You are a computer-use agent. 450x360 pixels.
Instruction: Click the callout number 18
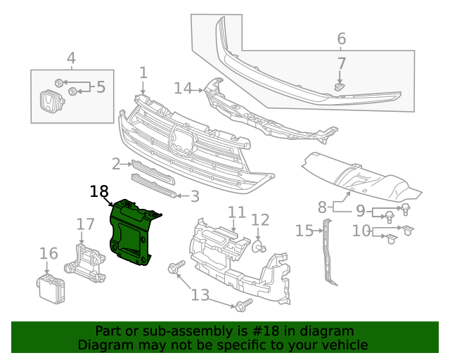pyautogui.click(x=99, y=191)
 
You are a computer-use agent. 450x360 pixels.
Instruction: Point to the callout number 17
pyautogui.click(x=85, y=224)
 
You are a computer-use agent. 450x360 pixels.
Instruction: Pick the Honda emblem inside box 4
pyautogui.click(x=48, y=104)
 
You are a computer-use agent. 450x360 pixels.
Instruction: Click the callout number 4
pyautogui.click(x=71, y=58)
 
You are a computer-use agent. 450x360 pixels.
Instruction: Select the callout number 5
pyautogui.click(x=101, y=87)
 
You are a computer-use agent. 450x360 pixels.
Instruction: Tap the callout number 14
pyautogui.click(x=183, y=88)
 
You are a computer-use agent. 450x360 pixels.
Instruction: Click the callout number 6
pyautogui.click(x=342, y=39)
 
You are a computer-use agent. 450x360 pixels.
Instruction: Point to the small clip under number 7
pyautogui.click(x=339, y=86)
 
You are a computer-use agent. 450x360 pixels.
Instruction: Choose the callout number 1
pyautogui.click(x=143, y=72)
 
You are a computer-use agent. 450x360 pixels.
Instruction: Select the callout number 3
pyautogui.click(x=195, y=196)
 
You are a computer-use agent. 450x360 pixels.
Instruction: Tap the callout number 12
pyautogui.click(x=260, y=220)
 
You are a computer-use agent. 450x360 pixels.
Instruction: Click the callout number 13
pyautogui.click(x=200, y=295)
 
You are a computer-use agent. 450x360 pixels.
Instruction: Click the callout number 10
pyautogui.click(x=361, y=230)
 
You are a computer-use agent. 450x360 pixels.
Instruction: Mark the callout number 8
pyautogui.click(x=322, y=207)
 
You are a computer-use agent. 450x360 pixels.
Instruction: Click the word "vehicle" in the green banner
pyautogui.click(x=344, y=345)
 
